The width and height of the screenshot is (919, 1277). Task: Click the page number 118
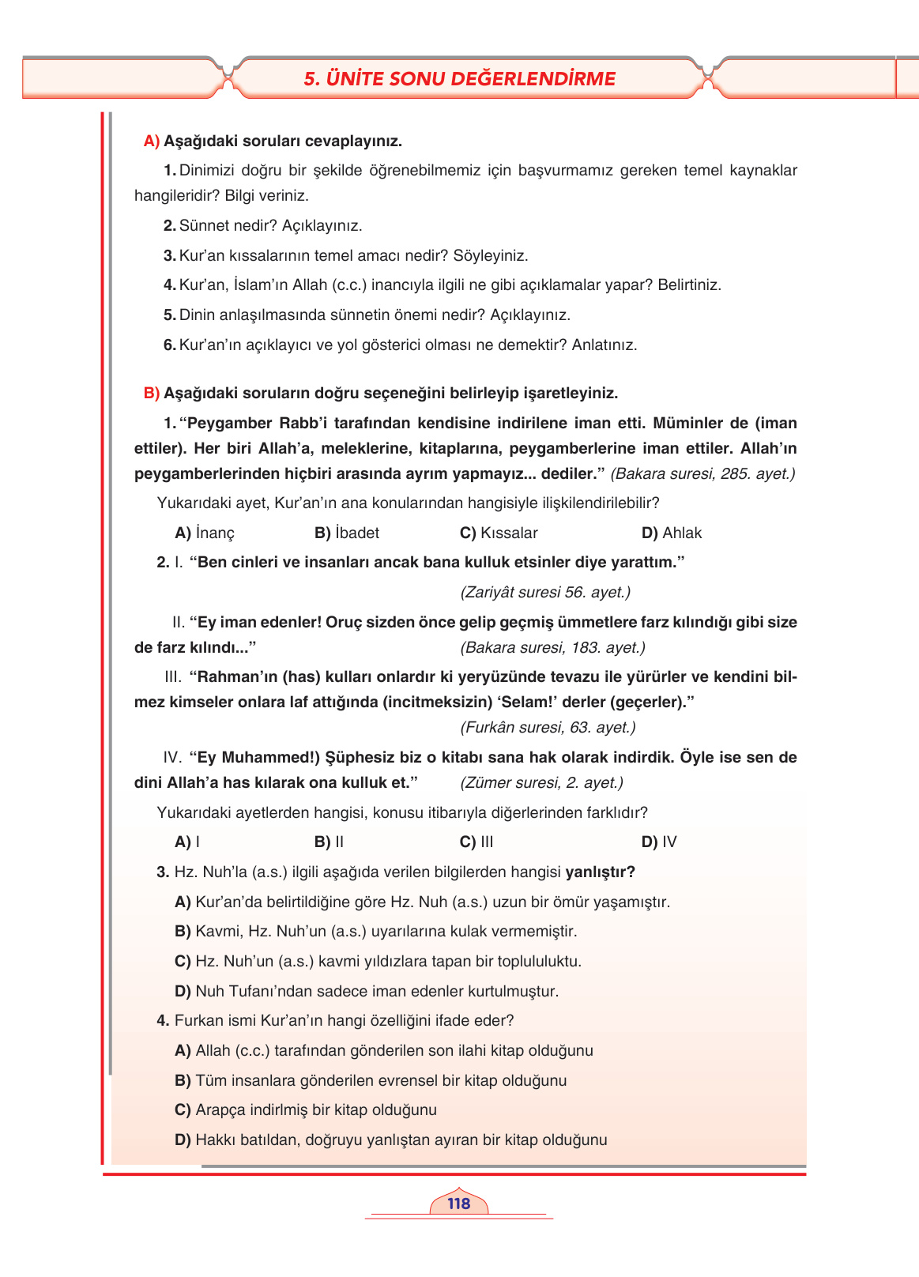458,1204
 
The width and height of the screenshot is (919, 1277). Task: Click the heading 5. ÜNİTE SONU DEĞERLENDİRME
459,78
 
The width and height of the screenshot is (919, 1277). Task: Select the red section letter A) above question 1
151,141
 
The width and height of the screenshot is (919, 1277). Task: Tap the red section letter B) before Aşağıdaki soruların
151,394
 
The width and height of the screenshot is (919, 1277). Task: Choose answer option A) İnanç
205,533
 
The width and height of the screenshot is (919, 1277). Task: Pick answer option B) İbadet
347,533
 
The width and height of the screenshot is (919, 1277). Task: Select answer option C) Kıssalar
499,533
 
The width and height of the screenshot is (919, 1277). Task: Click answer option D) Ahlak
672,533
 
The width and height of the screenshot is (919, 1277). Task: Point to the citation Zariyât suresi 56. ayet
545,593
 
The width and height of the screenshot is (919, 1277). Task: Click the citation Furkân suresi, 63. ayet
548,728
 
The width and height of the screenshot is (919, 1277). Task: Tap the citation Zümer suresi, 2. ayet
541,783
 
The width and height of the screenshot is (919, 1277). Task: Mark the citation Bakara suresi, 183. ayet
552,648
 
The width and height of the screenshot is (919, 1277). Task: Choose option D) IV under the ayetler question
659,842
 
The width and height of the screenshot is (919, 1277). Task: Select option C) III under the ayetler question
476,842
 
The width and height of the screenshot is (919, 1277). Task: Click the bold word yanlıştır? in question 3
601,872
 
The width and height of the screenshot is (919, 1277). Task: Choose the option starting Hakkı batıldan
390,1140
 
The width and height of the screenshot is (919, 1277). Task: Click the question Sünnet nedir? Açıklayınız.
263,226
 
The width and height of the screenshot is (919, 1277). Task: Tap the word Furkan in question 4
197,1021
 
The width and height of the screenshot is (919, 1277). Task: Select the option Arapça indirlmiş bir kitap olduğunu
306,1110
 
